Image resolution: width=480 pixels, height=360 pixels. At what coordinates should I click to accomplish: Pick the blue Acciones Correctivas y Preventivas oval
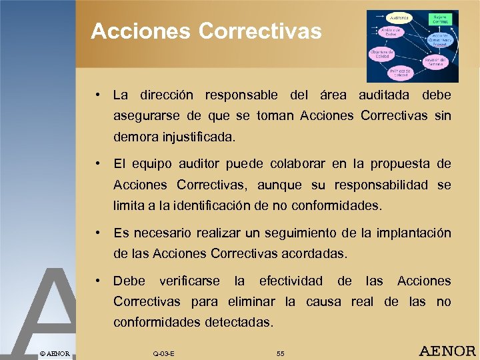tap(441, 41)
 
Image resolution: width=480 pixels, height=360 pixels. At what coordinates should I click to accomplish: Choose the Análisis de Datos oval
tap(391, 33)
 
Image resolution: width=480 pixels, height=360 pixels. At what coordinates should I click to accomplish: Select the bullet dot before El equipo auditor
tap(97, 163)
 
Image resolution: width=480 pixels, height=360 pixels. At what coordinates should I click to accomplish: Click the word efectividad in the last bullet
tap(291, 281)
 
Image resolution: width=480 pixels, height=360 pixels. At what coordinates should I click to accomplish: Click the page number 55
tap(280, 353)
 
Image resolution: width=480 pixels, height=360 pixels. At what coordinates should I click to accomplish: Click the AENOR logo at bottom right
tap(446, 351)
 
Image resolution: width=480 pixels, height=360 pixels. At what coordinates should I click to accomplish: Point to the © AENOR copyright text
tap(55, 353)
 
